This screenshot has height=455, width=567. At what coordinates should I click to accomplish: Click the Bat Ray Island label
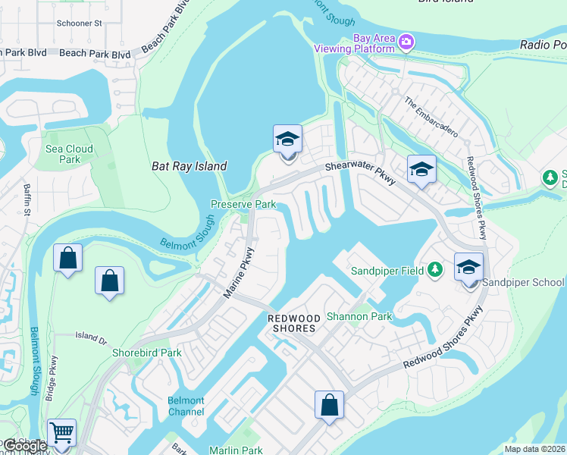190,166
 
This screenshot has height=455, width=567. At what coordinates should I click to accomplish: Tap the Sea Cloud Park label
69,155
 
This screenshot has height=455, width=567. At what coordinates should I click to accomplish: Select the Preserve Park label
243,205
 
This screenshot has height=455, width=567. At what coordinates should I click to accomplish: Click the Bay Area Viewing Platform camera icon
407,41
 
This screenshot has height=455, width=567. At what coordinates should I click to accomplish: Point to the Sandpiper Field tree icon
435,269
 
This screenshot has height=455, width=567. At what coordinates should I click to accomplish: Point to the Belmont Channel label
186,406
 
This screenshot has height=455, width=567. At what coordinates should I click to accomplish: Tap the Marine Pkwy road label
237,271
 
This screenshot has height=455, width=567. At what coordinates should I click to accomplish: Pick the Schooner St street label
79,24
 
